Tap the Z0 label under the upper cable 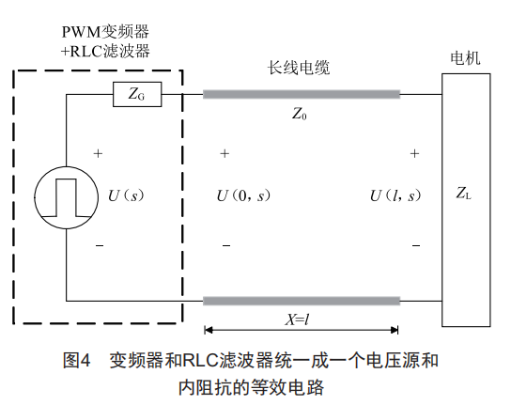click(x=299, y=114)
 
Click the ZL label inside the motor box click(x=463, y=193)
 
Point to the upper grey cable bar click(x=302, y=94)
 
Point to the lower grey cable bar click(x=302, y=301)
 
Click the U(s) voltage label click(x=126, y=195)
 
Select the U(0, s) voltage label click(x=243, y=195)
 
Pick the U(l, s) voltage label click(x=395, y=195)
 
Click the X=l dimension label click(x=297, y=319)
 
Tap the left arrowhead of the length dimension click(x=209, y=330)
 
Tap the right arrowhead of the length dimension click(x=395, y=330)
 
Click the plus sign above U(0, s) click(x=225, y=153)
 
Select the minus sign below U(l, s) click(x=416, y=245)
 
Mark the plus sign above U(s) click(x=98, y=153)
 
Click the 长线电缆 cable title click(x=299, y=68)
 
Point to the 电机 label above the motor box click(x=465, y=58)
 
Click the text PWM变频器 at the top click(x=105, y=32)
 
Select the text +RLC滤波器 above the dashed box click(x=105, y=51)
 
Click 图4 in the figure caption click(x=76, y=361)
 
